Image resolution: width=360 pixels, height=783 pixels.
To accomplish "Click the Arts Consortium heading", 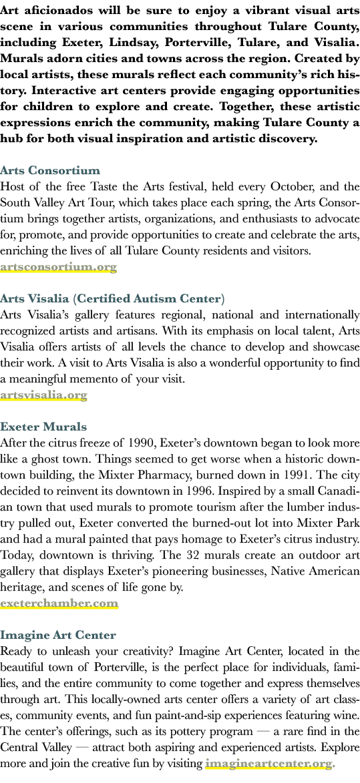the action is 50,170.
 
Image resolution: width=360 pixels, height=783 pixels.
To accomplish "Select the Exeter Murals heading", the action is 43,427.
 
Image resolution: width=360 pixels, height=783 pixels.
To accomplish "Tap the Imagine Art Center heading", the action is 58,635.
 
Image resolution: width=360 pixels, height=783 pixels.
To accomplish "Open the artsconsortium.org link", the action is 58,266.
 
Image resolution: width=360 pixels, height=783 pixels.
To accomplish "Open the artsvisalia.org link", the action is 44,395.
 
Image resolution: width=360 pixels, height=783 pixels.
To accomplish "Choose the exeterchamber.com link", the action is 59,603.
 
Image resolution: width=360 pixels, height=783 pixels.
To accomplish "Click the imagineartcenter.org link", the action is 268,764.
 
